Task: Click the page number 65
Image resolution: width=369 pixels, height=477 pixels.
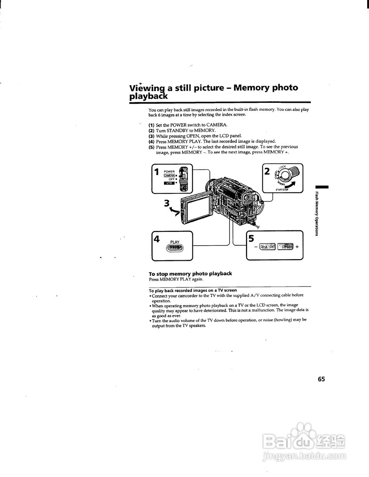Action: pos(321,379)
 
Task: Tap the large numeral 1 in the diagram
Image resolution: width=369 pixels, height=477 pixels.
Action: pos(157,171)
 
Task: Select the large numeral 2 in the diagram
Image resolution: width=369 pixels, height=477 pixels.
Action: pos(267,171)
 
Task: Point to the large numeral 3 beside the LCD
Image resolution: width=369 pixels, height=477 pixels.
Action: pos(168,203)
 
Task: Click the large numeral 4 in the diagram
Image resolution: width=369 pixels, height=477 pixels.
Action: pos(157,239)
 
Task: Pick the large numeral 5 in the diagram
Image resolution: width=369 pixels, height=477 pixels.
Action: pos(251,238)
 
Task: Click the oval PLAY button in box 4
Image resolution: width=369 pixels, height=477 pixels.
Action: pos(175,249)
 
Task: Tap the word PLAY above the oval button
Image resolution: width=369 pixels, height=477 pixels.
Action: pos(175,242)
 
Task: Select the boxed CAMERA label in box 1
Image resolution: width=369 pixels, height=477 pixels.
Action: pos(169,176)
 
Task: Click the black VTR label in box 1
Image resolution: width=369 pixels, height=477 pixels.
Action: pos(169,183)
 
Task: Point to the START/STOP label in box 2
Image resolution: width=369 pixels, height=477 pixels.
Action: pos(282,190)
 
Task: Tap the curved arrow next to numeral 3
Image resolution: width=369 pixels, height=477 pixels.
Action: pos(174,212)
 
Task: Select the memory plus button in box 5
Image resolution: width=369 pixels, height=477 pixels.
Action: pos(286,246)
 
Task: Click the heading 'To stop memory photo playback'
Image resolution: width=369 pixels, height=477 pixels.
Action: pos(190,274)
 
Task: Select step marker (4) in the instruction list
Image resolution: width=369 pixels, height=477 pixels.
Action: pos(151,142)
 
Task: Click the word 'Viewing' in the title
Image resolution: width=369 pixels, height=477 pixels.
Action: pos(147,89)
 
